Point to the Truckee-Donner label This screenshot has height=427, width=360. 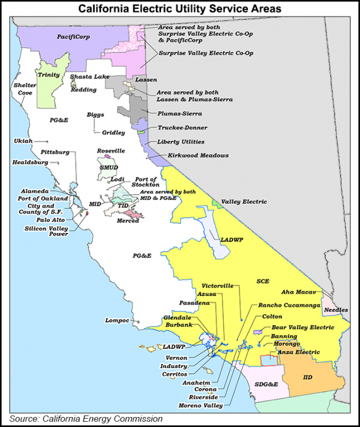[181, 127]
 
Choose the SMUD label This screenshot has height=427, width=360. [109, 168]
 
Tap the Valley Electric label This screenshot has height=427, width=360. [244, 202]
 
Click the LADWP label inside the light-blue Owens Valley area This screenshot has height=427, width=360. [228, 240]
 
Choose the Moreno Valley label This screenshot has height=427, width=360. [199, 405]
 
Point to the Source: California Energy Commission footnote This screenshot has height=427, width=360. [86, 419]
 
